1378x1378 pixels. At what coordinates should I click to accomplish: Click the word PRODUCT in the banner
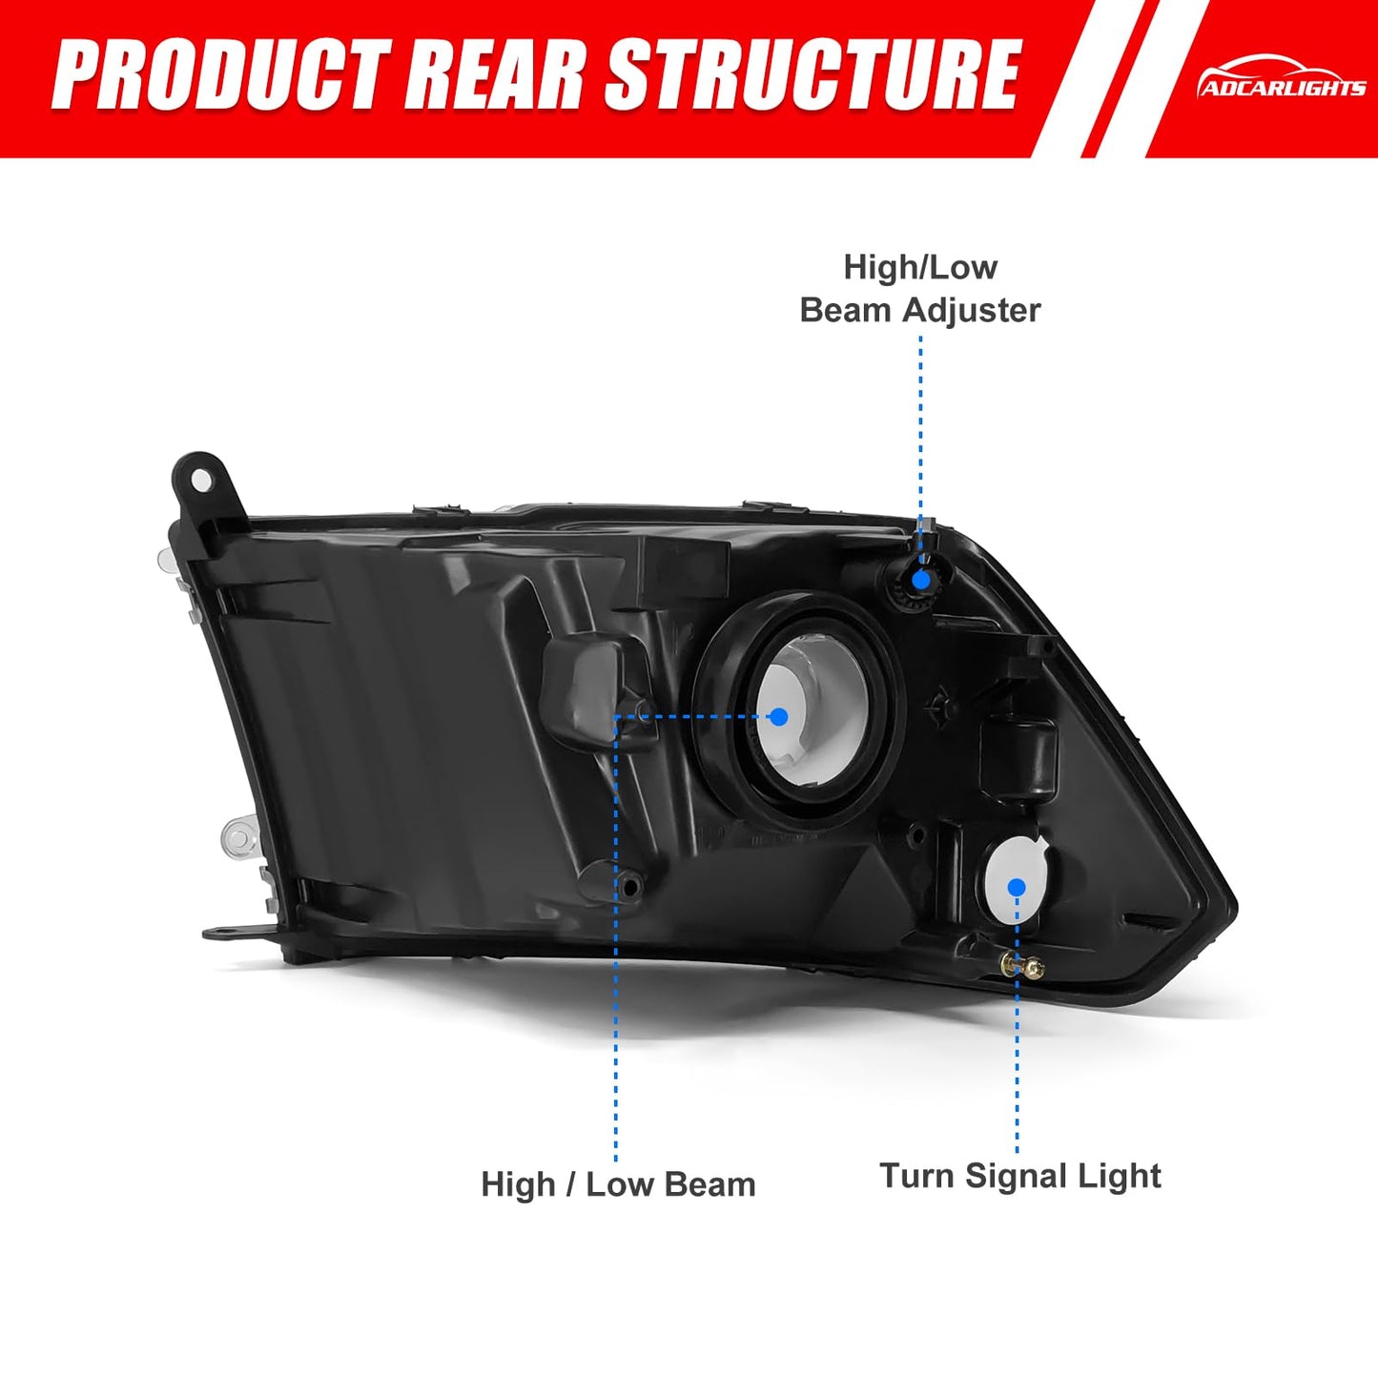(x=222, y=75)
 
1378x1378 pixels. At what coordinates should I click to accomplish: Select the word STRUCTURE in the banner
(x=811, y=75)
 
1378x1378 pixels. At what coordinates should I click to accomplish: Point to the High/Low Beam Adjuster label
(x=919, y=289)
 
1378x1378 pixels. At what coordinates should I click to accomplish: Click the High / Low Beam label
(x=618, y=1184)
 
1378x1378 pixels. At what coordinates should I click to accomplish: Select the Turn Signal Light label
(x=1019, y=1176)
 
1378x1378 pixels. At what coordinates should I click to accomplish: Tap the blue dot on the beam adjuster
(x=922, y=579)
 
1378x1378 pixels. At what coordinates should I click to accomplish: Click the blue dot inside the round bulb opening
(x=779, y=716)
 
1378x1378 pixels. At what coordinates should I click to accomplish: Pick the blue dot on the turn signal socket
(x=1017, y=888)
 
